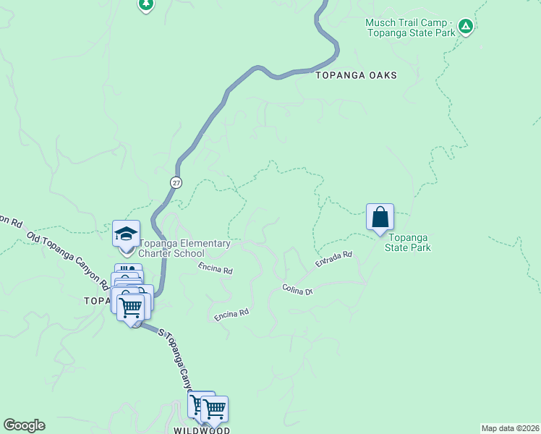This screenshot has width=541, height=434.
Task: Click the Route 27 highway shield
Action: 176,182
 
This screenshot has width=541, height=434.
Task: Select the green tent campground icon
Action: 466,27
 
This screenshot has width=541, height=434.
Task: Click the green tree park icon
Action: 146,4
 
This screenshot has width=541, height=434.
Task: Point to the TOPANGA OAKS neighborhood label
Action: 355,75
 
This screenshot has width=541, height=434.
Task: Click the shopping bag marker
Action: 380,217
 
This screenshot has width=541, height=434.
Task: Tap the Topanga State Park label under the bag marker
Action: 409,242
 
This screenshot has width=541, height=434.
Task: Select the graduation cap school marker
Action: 126,234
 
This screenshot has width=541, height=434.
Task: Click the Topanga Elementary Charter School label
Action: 184,248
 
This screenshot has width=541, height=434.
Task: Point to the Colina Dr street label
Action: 297,289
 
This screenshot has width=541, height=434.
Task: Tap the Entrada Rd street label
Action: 333,259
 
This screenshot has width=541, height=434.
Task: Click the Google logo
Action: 24,425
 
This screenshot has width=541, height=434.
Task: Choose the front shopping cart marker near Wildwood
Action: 214,409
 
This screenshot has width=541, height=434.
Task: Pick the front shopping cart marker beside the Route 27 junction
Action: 131,307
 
